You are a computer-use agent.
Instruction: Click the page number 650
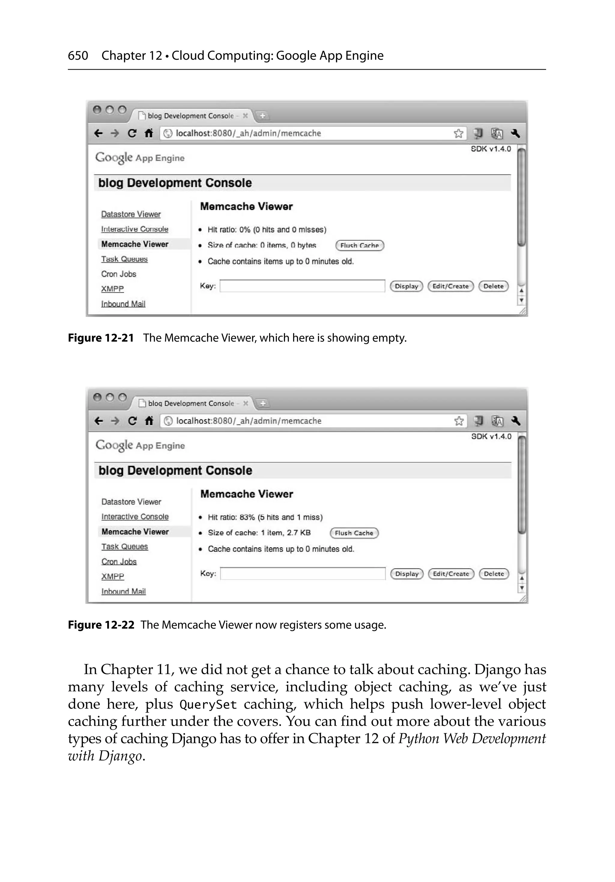click(x=78, y=56)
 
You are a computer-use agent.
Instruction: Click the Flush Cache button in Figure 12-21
click(x=359, y=246)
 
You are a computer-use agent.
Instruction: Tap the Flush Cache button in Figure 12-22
click(x=354, y=533)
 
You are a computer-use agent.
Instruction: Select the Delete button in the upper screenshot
click(x=493, y=286)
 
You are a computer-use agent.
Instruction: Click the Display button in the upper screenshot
click(x=406, y=286)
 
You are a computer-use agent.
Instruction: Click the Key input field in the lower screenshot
click(x=302, y=573)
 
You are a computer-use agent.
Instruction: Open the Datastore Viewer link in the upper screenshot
click(x=131, y=214)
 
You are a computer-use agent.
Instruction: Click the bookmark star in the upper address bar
click(x=458, y=133)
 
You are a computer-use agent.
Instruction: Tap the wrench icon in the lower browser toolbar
click(x=516, y=421)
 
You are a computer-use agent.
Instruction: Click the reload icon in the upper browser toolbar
click(x=132, y=133)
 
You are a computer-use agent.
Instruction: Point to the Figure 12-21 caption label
click(x=101, y=338)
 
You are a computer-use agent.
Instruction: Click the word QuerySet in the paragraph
click(x=208, y=705)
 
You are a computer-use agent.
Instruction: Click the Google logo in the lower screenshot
click(x=114, y=445)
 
